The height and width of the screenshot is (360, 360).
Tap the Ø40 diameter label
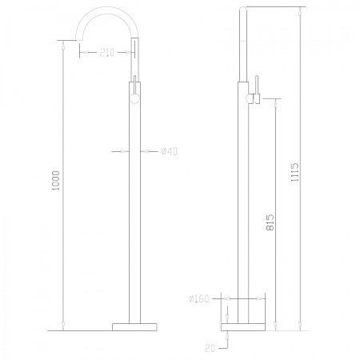pyautogui.click(x=169, y=151)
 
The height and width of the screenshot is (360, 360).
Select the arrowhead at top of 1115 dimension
pyautogui.click(x=301, y=12)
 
